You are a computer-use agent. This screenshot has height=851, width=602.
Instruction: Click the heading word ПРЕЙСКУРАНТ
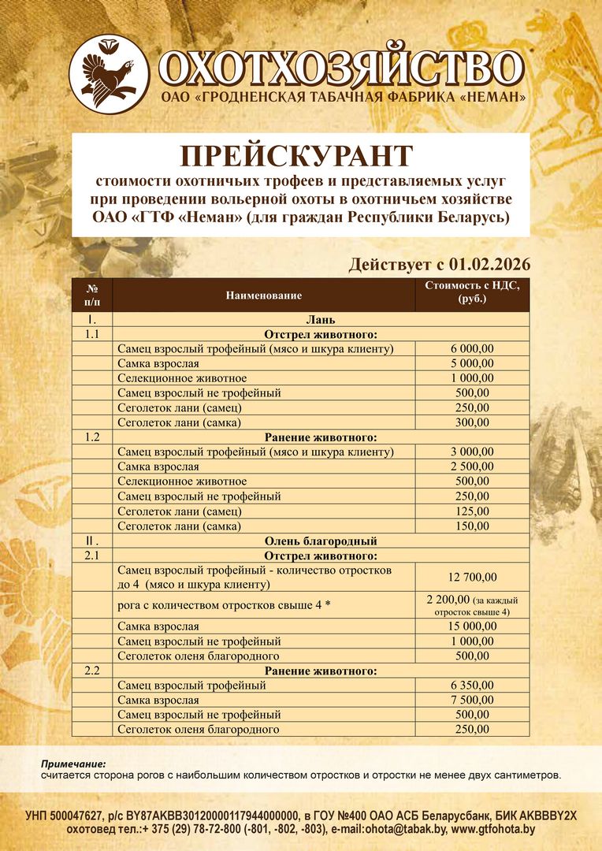click(297, 155)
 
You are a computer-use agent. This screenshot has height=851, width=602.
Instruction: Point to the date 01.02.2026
click(489, 264)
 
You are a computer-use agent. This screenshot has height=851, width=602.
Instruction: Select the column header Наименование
click(264, 295)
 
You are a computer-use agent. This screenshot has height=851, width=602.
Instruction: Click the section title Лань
click(320, 320)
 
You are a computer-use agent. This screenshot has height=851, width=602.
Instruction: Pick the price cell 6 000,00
click(472, 349)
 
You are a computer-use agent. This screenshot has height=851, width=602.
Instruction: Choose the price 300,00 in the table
click(472, 422)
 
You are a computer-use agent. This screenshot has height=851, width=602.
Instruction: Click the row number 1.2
click(92, 437)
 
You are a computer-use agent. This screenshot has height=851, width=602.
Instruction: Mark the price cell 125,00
click(472, 511)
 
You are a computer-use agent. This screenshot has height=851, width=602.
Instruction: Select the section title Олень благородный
click(320, 541)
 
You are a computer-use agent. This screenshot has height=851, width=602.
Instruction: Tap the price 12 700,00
click(472, 577)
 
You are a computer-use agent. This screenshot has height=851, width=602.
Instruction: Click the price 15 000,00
click(472, 626)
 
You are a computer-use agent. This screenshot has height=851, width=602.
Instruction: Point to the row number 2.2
click(92, 671)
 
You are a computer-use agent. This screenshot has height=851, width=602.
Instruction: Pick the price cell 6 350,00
click(472, 686)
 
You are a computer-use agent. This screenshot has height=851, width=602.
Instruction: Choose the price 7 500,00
click(472, 700)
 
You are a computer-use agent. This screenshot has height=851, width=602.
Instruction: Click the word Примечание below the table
click(73, 764)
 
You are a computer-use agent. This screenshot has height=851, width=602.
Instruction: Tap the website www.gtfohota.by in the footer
click(493, 829)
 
